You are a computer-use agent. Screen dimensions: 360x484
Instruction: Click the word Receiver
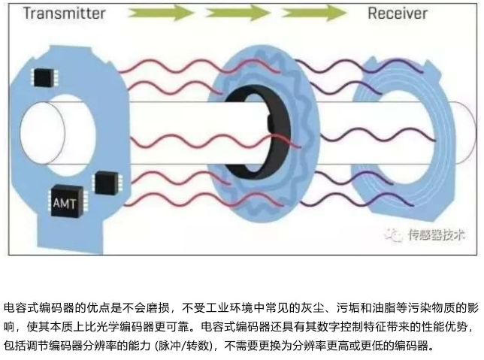coord(398,14)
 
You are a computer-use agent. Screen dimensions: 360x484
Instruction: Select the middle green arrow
coord(240,13)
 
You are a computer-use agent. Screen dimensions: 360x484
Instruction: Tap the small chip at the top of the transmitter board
coord(44,77)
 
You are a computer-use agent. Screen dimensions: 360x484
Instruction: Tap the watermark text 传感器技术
coord(436,235)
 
